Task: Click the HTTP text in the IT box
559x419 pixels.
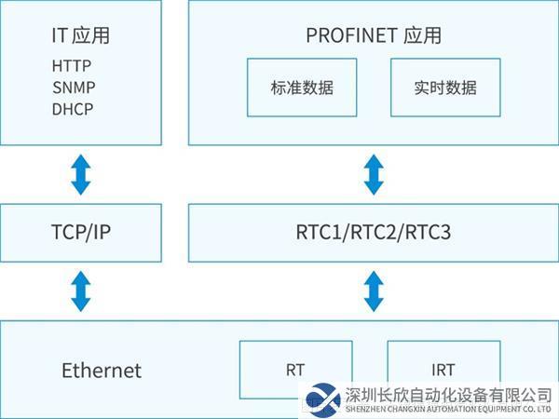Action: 73,67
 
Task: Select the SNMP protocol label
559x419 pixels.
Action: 74,88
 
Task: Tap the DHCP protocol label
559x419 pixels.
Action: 73,108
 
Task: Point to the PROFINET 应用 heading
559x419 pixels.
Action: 374,36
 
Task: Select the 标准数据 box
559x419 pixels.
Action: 302,88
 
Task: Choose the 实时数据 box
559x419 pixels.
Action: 445,88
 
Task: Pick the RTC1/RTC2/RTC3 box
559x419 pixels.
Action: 374,232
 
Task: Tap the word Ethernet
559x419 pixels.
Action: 102,370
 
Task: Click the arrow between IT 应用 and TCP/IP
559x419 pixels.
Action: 81,175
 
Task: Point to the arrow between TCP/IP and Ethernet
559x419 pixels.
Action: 81,291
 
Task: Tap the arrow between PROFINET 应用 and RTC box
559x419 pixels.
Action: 374,175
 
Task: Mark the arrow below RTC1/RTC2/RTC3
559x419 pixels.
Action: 374,291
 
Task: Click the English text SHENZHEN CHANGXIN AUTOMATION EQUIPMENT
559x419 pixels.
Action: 438,409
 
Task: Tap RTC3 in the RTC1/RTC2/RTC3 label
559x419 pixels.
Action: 428,232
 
